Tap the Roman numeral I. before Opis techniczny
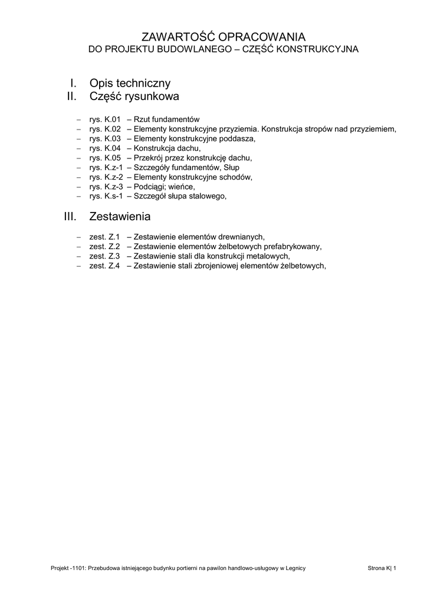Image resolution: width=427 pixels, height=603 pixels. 74,84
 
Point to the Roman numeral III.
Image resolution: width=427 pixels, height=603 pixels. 71,217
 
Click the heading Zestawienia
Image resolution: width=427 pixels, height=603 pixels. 120,217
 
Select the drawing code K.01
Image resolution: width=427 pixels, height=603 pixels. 112,119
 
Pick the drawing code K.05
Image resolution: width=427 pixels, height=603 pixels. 112,158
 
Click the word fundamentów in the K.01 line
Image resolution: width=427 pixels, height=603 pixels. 176,119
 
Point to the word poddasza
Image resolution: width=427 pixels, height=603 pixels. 238,138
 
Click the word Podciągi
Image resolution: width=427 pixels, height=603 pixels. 150,187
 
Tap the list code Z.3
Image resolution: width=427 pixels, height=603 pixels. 114,256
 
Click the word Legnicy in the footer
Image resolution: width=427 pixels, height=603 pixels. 293,568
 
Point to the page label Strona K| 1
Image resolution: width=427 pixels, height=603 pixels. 382,568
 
